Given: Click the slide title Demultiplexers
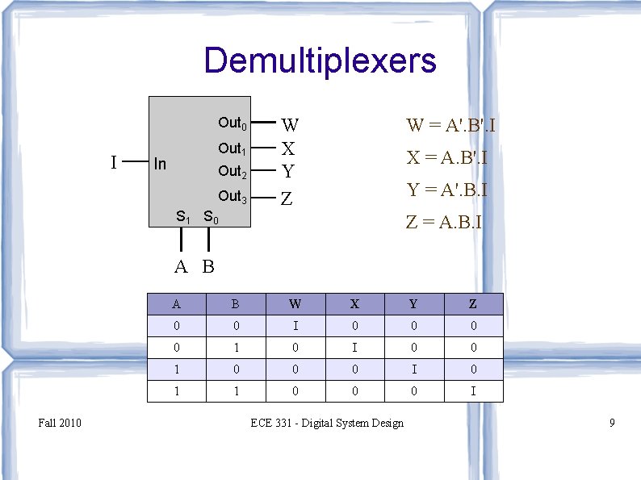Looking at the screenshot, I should coord(320,61).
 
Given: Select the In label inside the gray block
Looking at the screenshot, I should coord(160,165).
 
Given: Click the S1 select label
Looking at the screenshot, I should coord(183,217).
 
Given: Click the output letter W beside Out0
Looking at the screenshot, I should coord(290,125).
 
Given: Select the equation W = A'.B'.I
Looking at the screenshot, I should coord(451,125).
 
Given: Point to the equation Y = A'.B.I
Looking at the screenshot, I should coord(446,190).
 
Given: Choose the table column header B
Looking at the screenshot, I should coord(236,304).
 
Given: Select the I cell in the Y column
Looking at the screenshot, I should coord(413,369).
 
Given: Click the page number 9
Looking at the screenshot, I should coord(613,423).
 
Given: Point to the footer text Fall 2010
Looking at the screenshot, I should coord(60,423).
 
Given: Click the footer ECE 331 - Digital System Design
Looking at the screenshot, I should coord(327,423).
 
